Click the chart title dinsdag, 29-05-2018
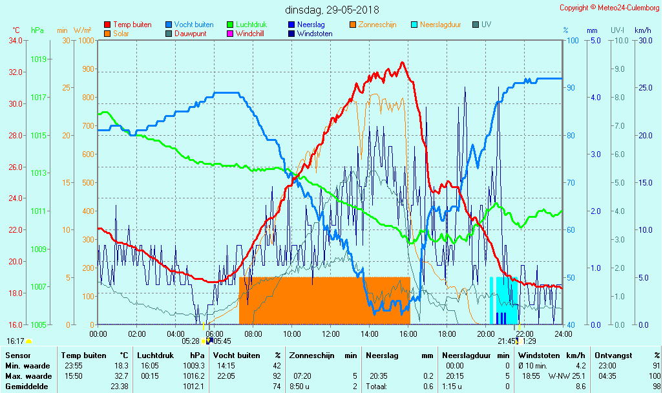tap(332, 10)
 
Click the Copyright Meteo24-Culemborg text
tap(609, 7)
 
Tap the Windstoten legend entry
tap(315, 34)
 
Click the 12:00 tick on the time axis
tap(331, 334)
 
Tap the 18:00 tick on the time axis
tap(447, 334)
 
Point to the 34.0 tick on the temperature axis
tap(16, 40)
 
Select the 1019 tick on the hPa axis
tap(38, 59)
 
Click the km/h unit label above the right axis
tap(642, 30)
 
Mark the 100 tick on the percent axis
tap(573, 40)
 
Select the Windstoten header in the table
tap(542, 355)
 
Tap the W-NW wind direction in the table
tap(559, 376)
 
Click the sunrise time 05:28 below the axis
tap(190, 341)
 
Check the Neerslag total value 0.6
tap(428, 386)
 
